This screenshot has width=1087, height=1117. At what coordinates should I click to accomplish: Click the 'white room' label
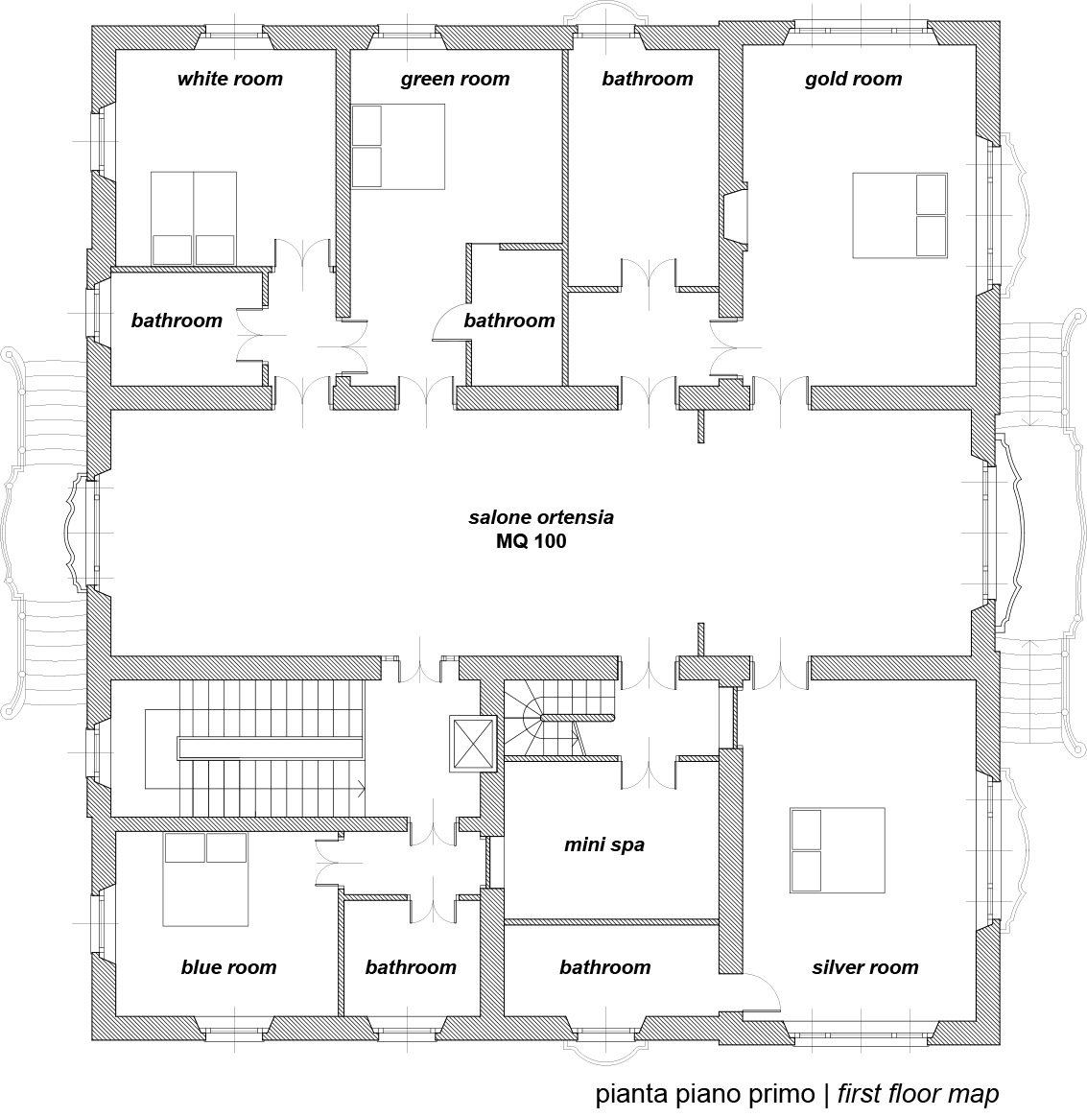click(x=230, y=79)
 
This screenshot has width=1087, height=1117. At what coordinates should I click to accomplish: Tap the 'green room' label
click(x=455, y=79)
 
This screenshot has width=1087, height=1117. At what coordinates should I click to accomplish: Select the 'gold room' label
click(x=853, y=79)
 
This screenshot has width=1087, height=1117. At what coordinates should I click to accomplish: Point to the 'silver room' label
click(x=865, y=966)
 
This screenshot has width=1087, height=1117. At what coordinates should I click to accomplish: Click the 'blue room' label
click(x=228, y=966)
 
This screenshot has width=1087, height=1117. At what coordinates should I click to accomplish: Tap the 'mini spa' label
click(x=604, y=844)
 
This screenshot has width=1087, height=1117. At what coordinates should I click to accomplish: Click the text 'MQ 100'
click(x=532, y=541)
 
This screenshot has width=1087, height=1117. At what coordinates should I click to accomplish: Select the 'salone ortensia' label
click(x=541, y=517)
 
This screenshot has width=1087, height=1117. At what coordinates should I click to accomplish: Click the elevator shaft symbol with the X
click(x=472, y=744)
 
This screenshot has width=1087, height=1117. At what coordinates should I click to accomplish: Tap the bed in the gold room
click(x=900, y=215)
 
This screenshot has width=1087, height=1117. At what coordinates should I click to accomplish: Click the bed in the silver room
click(x=838, y=850)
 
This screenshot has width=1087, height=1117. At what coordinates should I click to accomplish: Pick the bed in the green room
click(x=398, y=147)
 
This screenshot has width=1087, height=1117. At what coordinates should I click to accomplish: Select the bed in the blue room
click(x=205, y=879)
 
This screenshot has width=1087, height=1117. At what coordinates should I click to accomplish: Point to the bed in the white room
click(x=194, y=219)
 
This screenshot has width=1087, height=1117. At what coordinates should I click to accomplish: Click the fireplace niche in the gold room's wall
click(x=734, y=216)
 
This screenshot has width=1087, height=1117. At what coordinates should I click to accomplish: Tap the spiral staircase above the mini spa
click(x=559, y=718)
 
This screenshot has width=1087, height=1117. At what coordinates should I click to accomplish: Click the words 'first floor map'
click(x=918, y=1093)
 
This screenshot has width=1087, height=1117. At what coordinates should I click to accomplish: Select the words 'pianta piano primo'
click(x=705, y=1094)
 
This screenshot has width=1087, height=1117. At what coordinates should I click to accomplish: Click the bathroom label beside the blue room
click(x=411, y=966)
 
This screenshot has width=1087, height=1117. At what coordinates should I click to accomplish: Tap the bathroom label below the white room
click(x=177, y=321)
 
